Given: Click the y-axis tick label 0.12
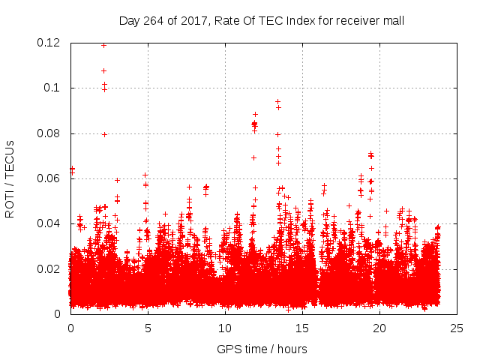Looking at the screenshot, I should coord(49,43).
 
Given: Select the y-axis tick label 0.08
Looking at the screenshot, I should coord(49,133).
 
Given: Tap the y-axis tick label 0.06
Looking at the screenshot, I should coord(49,178).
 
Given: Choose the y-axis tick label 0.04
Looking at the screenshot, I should coord(49,223).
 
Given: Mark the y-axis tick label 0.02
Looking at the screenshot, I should coord(49,268).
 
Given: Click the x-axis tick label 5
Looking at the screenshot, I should coord(148,328).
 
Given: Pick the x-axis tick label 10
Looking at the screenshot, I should coord(224,328).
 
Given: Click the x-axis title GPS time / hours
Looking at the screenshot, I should coord(262,349).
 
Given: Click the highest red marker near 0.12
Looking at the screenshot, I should coord(103,45).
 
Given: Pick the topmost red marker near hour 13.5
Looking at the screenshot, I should coord(277,101).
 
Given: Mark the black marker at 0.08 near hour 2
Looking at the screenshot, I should coord(104,134).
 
